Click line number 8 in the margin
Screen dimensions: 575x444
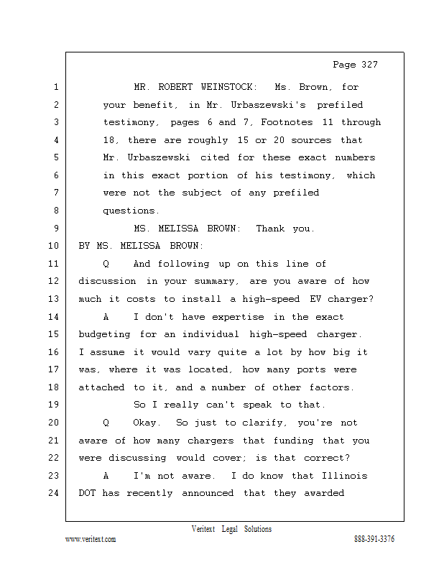(55, 211)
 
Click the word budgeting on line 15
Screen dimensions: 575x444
(105, 334)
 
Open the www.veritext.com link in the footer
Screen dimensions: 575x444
(91, 539)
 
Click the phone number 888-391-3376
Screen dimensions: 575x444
(374, 539)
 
